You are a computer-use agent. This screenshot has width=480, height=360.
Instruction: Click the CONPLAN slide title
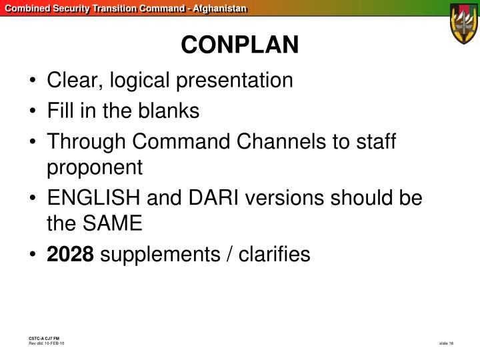point(240,45)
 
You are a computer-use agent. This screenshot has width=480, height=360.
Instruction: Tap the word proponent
point(95,168)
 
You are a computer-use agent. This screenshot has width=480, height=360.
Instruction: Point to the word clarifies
point(275,255)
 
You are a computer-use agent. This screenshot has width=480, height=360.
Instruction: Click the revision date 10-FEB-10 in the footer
point(54,343)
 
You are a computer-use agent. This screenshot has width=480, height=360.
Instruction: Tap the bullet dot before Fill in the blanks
point(33,112)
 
